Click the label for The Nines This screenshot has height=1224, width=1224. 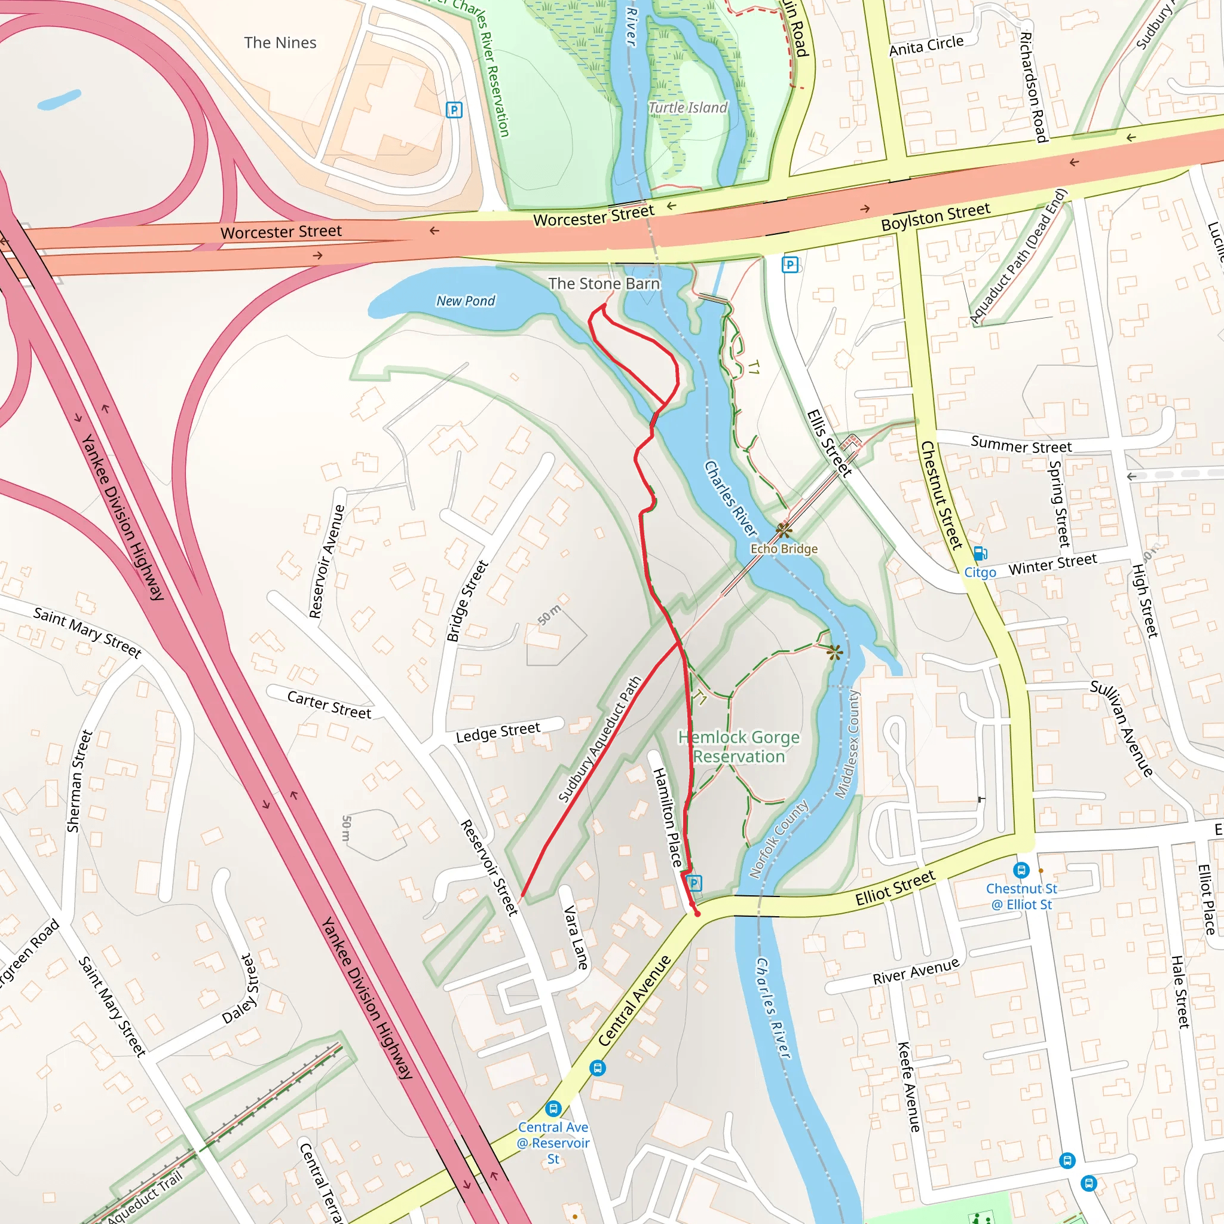coord(280,42)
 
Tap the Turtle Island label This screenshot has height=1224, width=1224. coord(688,108)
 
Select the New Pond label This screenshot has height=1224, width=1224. coord(466,301)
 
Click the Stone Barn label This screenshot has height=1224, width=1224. coord(604,284)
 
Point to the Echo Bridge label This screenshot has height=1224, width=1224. coord(784,549)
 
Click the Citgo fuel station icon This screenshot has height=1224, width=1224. coord(980,553)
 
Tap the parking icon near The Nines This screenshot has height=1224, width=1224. coord(454,110)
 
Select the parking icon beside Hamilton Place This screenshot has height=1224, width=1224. coord(694,883)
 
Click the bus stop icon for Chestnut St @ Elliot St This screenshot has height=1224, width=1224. coord(1021,870)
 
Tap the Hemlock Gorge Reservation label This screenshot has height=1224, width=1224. coord(739,746)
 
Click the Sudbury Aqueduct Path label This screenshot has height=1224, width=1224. coord(600,739)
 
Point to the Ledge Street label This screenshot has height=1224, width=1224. coord(498,732)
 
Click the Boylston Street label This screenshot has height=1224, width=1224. coord(935,217)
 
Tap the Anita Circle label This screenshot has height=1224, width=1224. coord(926,45)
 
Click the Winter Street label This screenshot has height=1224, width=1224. coord(1052,564)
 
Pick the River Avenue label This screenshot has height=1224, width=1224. coord(916,972)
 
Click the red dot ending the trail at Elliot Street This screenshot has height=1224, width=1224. coord(697,914)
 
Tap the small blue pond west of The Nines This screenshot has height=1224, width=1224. coord(59,99)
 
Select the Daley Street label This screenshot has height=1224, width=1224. coord(241,989)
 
